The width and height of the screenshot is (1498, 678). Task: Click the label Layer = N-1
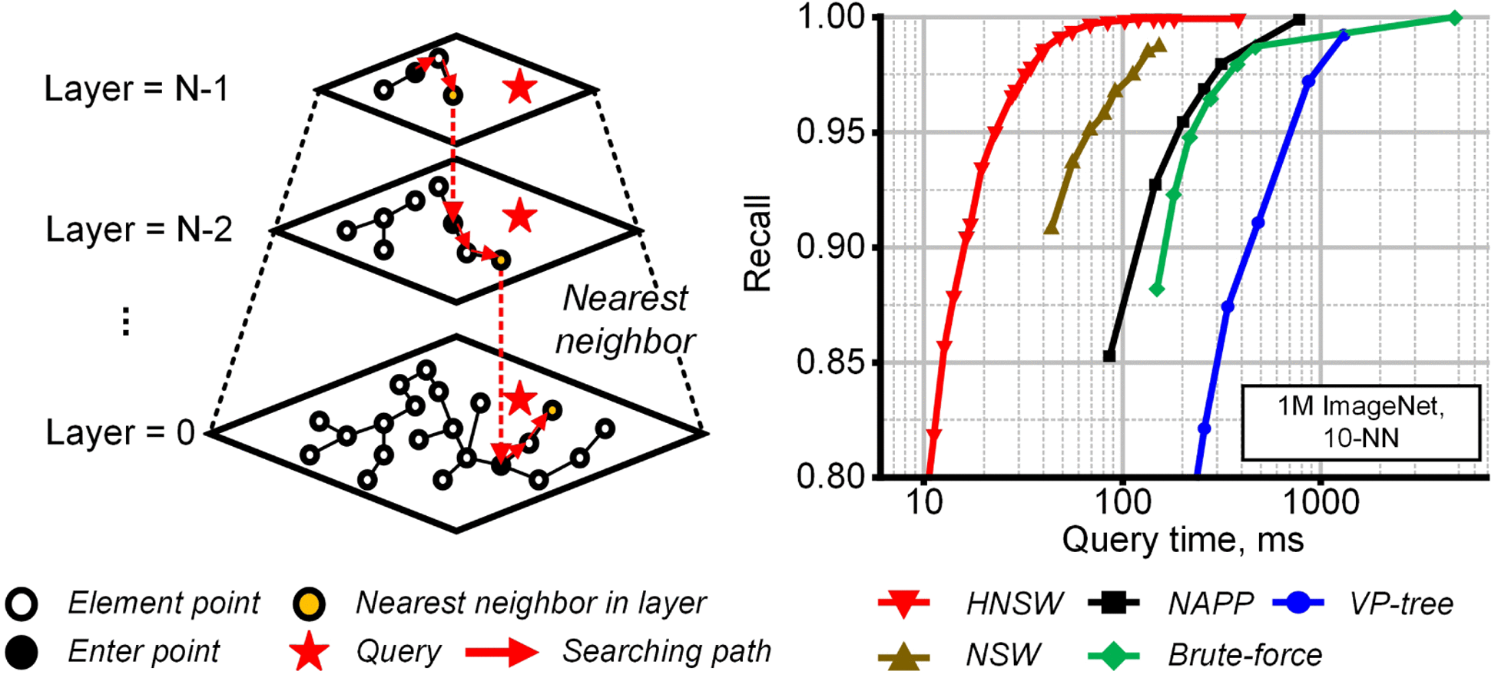click(136, 89)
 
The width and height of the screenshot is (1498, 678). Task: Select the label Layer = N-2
click(138, 230)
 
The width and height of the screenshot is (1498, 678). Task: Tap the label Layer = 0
click(120, 433)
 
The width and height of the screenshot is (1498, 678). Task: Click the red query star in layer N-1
click(519, 88)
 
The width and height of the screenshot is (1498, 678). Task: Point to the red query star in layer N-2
click(519, 217)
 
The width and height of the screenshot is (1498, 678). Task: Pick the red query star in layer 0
click(519, 399)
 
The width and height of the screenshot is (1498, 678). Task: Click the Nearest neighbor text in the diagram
click(625, 319)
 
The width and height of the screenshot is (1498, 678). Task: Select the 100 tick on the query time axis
click(1122, 502)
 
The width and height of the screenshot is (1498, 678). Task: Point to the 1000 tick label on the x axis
click(1321, 502)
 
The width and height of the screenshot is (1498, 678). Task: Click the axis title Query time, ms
click(1182, 540)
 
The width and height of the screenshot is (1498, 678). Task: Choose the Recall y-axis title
click(757, 243)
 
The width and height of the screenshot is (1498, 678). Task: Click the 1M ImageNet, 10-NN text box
click(1360, 422)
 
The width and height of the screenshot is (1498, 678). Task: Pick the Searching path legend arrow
click(502, 653)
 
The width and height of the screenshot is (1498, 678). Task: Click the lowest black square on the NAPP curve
click(1109, 356)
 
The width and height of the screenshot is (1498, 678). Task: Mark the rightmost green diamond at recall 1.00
click(1454, 18)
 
